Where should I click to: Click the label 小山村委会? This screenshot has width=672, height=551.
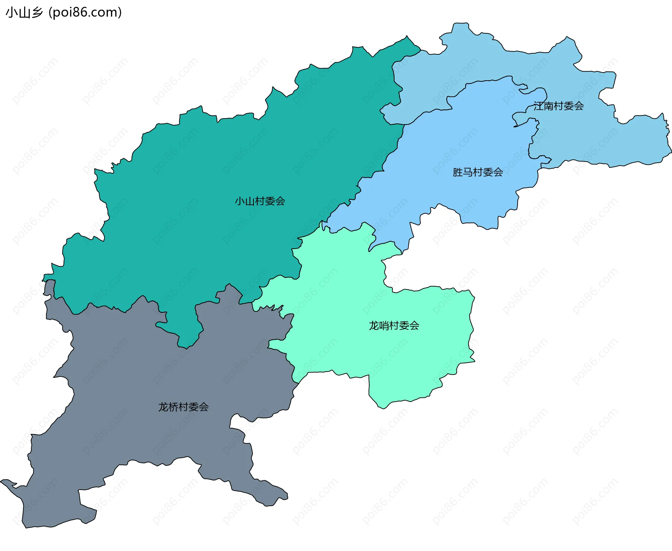260,201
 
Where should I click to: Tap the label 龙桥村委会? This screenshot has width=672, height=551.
183,407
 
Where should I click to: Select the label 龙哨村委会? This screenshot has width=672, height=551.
394,326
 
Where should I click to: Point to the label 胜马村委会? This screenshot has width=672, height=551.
478,172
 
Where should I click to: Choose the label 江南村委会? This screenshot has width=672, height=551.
559,106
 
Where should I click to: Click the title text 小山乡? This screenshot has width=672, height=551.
24,13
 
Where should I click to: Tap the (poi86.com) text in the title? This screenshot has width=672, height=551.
85,13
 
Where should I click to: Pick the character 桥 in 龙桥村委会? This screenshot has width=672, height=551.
174,407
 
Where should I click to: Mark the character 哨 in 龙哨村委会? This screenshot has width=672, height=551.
384,326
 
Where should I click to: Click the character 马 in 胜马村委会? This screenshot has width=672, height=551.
468,172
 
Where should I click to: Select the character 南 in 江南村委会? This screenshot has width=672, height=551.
549,106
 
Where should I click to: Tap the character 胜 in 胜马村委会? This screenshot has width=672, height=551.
458,172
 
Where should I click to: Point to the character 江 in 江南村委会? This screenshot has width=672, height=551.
539,106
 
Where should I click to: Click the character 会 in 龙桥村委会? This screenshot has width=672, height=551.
204,407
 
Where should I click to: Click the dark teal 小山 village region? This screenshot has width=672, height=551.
210,158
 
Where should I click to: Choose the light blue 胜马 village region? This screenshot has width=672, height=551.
455,140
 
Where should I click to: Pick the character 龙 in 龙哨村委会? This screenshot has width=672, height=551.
374,326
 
